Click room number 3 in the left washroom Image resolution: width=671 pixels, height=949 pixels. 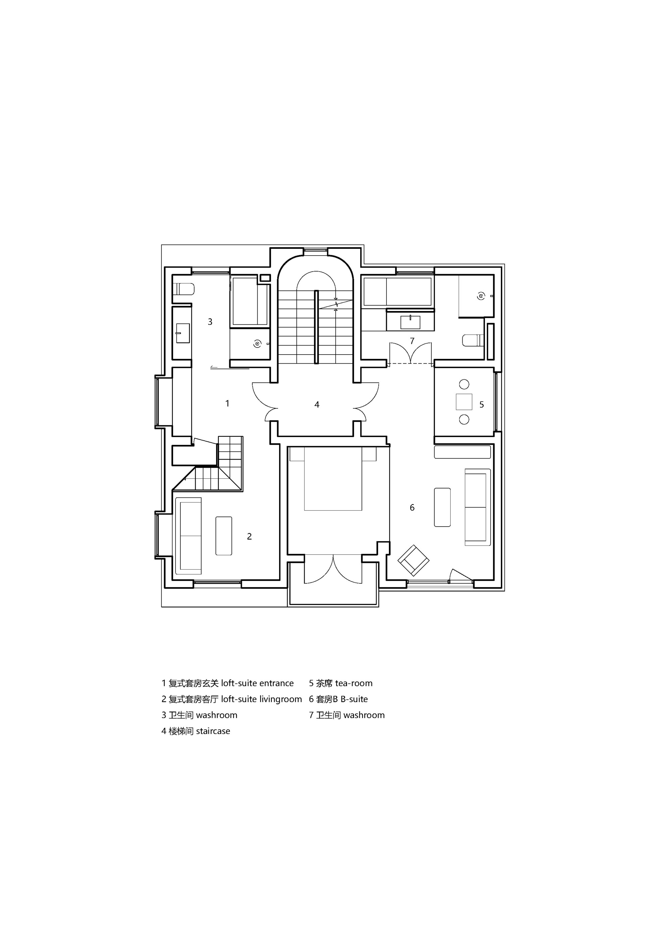click(210, 322)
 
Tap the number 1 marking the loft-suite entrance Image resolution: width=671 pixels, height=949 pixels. click(227, 403)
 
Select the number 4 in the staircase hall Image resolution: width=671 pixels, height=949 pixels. click(317, 405)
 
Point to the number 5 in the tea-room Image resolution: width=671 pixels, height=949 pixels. click(482, 405)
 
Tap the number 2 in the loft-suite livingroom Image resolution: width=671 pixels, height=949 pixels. click(249, 536)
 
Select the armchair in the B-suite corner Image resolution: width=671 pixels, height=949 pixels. click(413, 561)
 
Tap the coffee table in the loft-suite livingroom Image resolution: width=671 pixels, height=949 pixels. click(224, 536)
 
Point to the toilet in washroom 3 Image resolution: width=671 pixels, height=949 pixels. click(184, 288)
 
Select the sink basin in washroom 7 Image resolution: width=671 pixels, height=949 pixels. click(410, 322)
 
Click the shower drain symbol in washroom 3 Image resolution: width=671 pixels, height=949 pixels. click(257, 344)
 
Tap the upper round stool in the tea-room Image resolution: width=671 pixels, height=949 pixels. click(464, 384)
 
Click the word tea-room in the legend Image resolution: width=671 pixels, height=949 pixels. click(354, 683)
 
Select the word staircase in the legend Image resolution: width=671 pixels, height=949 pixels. click(213, 731)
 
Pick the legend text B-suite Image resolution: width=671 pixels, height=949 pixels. click(354, 699)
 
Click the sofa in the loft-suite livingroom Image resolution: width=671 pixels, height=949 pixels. click(189, 536)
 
